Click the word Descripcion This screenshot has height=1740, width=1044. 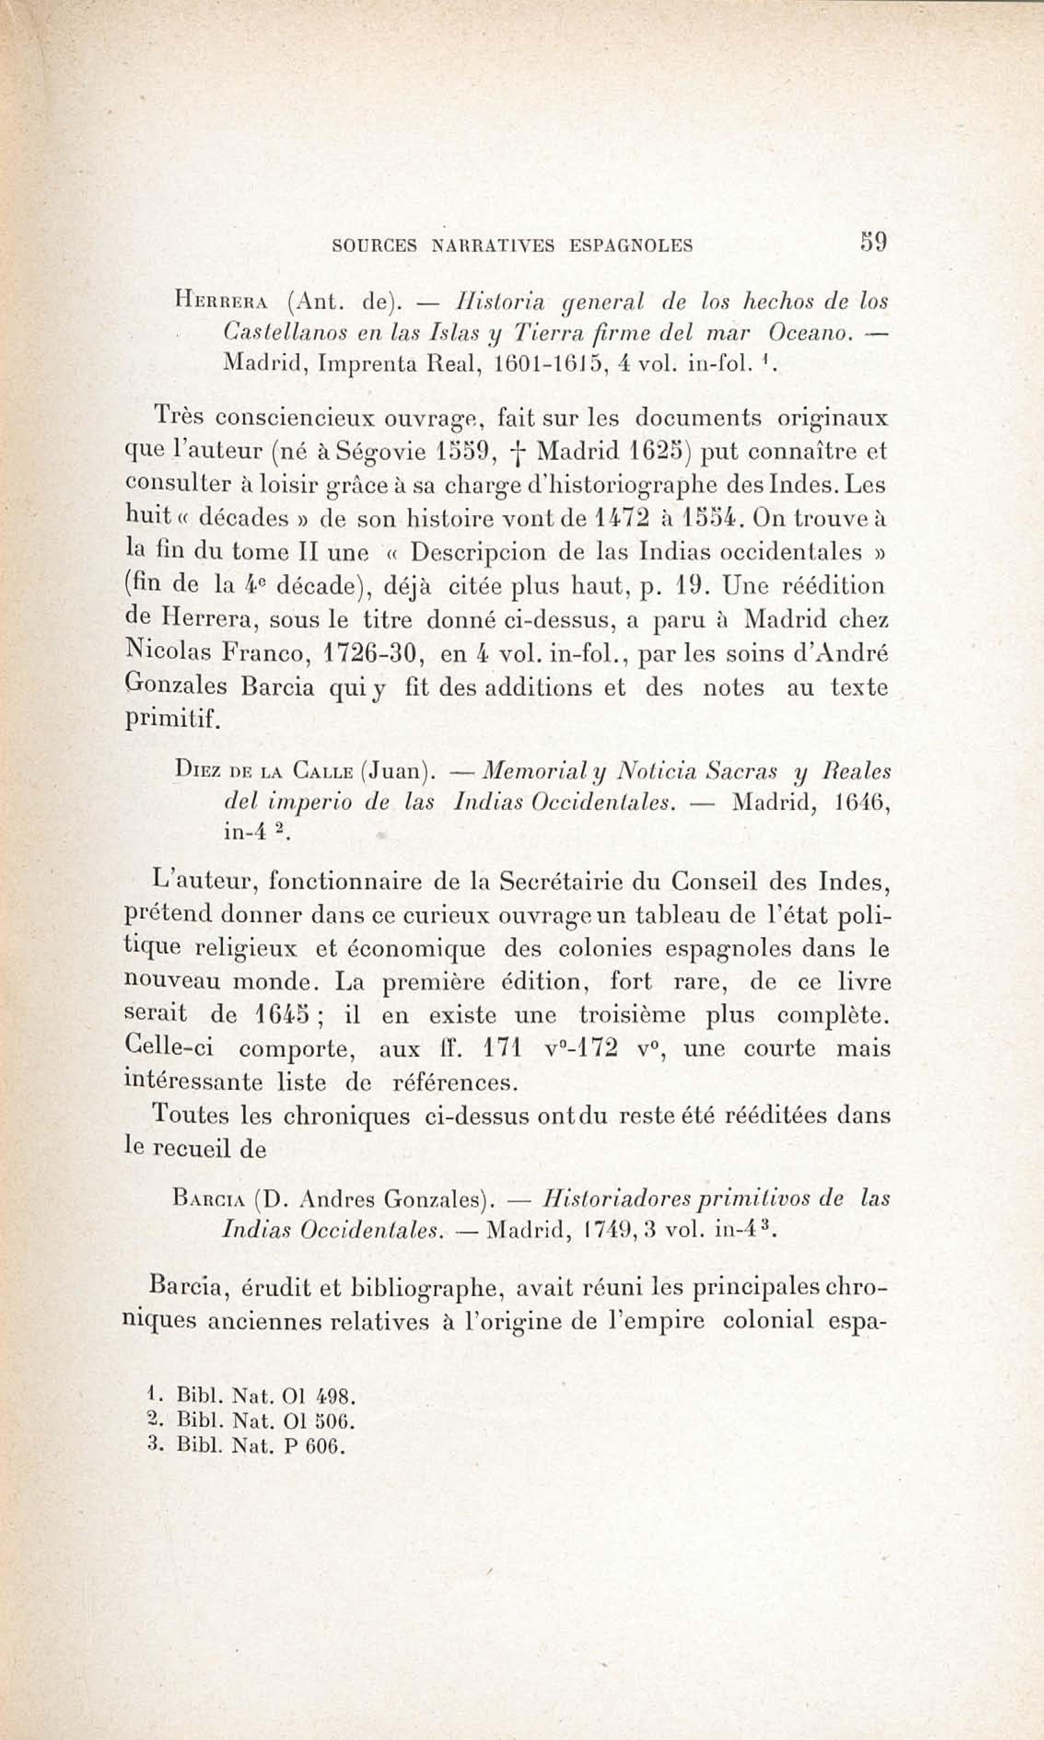[x=478, y=552]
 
